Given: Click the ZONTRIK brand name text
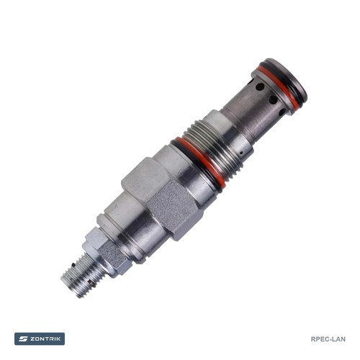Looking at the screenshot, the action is [x=45, y=339].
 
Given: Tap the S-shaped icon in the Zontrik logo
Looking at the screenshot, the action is [x=23, y=339].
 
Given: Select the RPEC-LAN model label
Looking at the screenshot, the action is [x=328, y=339].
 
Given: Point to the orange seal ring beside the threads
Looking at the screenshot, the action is [x=199, y=161].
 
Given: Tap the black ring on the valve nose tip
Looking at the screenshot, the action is [x=287, y=78].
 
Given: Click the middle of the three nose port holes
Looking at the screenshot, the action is [x=272, y=99].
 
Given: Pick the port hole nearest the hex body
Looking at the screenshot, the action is [x=283, y=111].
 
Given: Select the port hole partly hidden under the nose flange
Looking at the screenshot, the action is [x=258, y=87].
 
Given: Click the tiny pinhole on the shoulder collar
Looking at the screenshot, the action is [x=242, y=152].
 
